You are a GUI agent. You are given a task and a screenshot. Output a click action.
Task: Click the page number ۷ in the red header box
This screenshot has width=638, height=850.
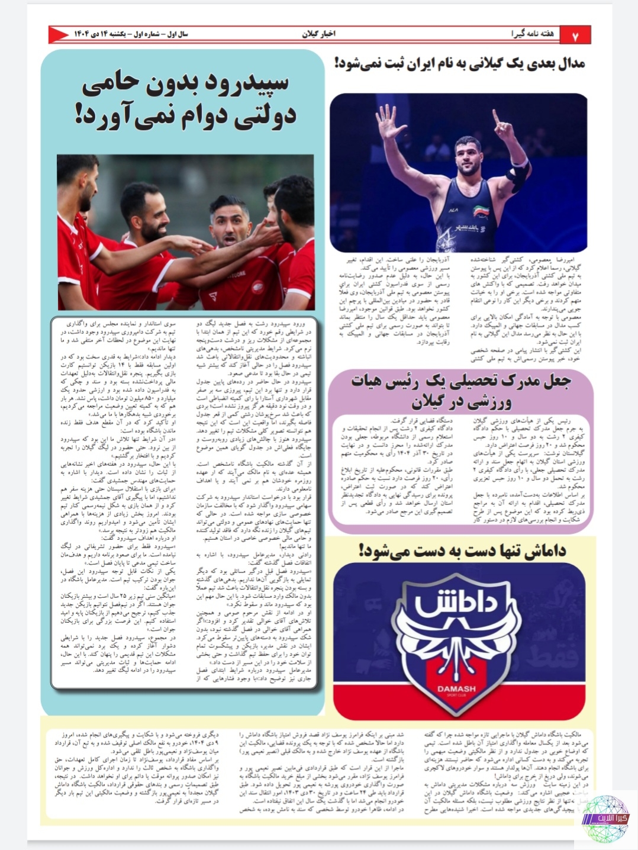[x=574, y=36]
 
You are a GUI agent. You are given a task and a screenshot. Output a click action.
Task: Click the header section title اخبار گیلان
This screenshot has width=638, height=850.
[x=318, y=34]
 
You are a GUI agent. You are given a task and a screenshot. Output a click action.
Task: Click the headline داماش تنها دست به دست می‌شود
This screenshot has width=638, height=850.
[x=463, y=550]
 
